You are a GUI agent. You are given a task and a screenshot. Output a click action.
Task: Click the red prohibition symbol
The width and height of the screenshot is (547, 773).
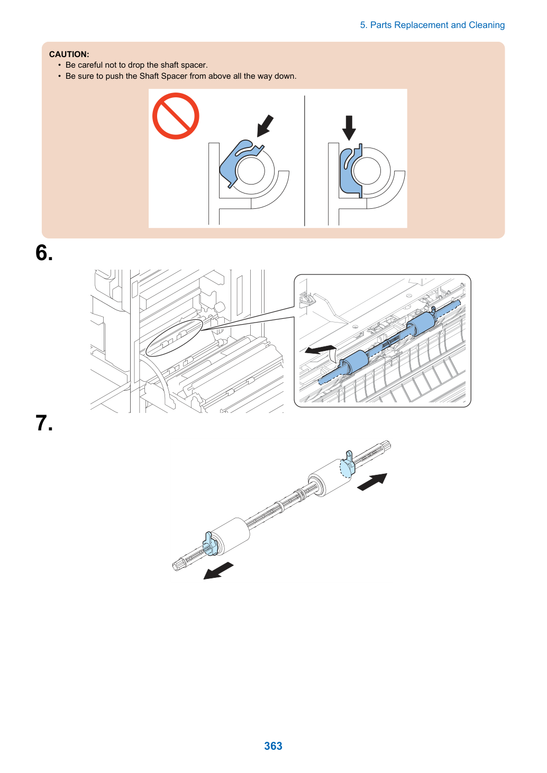pyautogui.click(x=176, y=116)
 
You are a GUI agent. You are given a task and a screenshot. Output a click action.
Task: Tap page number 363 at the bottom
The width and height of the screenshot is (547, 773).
pyautogui.click(x=273, y=746)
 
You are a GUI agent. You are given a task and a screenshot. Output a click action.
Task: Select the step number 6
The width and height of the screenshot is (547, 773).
pyautogui.click(x=44, y=252)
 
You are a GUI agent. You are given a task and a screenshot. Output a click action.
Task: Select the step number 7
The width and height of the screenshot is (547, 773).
pyautogui.click(x=44, y=423)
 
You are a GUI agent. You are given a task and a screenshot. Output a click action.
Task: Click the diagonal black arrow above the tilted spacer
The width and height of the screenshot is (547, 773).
pyautogui.click(x=265, y=126)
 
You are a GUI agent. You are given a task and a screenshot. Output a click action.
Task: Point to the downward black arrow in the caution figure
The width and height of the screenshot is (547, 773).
pyautogui.click(x=349, y=127)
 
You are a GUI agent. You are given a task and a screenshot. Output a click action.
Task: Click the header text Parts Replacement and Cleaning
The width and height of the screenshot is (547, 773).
pyautogui.click(x=437, y=25)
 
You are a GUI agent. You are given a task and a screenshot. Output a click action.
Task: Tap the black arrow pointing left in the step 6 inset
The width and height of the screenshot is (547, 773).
pyautogui.click(x=320, y=349)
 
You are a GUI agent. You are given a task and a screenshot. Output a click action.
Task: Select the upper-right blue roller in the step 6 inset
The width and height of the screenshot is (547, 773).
pyautogui.click(x=421, y=324)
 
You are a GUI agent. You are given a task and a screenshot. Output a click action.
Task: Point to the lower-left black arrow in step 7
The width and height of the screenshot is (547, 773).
pyautogui.click(x=218, y=570)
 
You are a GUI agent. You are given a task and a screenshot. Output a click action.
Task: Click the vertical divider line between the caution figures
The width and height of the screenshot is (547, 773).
pyautogui.click(x=304, y=161)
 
